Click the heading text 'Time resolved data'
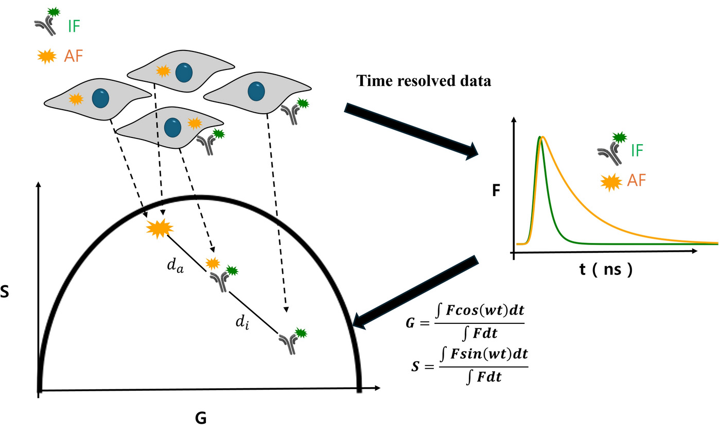click(424, 81)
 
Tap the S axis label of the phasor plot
click(5, 292)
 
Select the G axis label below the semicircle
click(201, 418)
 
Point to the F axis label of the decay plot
click(496, 190)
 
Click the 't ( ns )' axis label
click(606, 269)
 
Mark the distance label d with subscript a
click(176, 266)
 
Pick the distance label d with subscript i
click(242, 322)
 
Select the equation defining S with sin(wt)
click(469, 366)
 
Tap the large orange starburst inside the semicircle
click(160, 229)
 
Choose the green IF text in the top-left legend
click(74, 26)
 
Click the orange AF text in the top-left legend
click(74, 56)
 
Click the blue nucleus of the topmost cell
click(184, 73)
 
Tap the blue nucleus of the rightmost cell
click(256, 91)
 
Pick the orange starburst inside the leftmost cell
click(76, 99)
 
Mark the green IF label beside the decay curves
click(637, 150)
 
